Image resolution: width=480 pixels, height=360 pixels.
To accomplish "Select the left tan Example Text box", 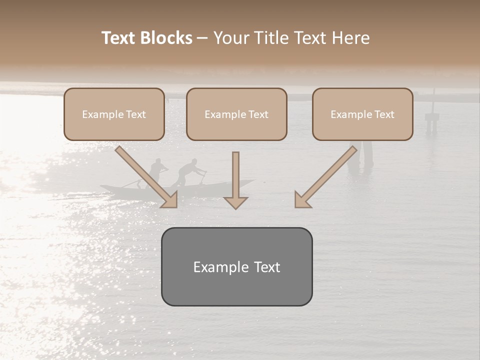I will click(x=114, y=114).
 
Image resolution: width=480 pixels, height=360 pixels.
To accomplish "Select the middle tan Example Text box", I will click(x=236, y=114).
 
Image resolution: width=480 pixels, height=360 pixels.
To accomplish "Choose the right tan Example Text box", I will click(x=362, y=114).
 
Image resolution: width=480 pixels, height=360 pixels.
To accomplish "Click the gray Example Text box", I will click(x=236, y=266).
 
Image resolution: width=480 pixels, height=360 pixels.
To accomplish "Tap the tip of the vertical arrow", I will click(x=235, y=207).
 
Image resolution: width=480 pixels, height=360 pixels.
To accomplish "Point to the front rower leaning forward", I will click(x=187, y=172).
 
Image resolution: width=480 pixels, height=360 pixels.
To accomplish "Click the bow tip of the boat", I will click(x=252, y=181).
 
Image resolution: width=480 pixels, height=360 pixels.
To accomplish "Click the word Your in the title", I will click(x=229, y=38).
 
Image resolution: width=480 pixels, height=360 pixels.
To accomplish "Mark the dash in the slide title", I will click(x=202, y=38).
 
